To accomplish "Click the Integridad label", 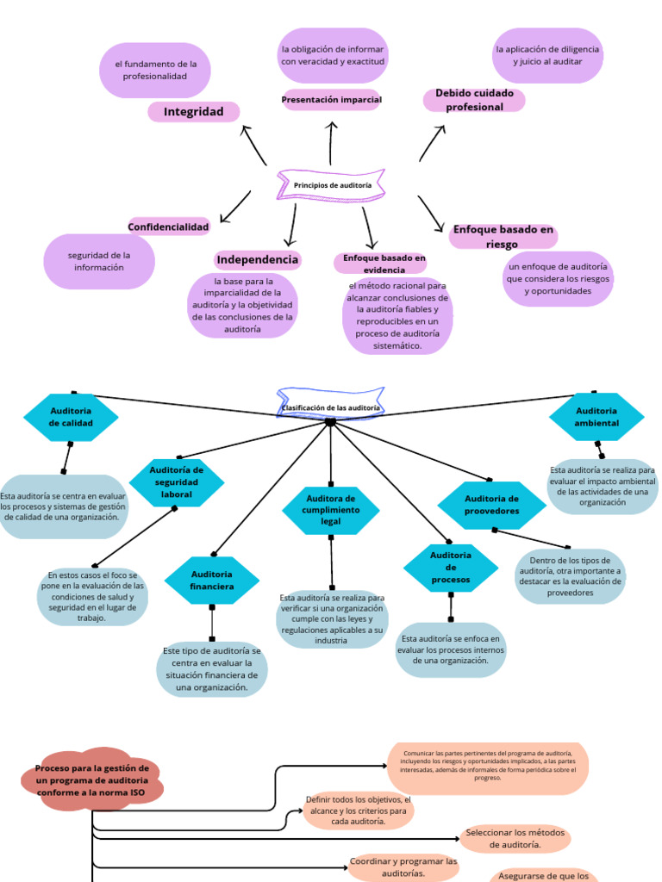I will [x=194, y=112].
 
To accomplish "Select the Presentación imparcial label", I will [x=331, y=100].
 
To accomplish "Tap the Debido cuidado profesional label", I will [x=474, y=100].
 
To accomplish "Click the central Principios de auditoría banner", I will [x=332, y=185].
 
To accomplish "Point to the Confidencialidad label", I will [x=169, y=227].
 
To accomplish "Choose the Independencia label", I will [x=258, y=259].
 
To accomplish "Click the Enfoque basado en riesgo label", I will [x=503, y=237].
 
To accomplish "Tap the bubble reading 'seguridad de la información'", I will [x=99, y=262].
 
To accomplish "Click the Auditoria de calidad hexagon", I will [x=71, y=418].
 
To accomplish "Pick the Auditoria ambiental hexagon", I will [x=596, y=418].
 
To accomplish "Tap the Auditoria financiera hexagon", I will [x=212, y=581].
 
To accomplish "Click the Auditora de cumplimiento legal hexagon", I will [x=331, y=510].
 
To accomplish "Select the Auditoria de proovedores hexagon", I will [x=491, y=505].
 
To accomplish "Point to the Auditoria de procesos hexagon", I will [x=451, y=568].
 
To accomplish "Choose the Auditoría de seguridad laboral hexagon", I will [x=177, y=482].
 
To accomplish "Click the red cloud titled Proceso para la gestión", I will [x=92, y=780].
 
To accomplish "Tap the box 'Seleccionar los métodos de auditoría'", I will [x=515, y=838].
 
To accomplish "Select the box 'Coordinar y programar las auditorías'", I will [x=403, y=867].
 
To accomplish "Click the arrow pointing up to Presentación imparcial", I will [x=331, y=143].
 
